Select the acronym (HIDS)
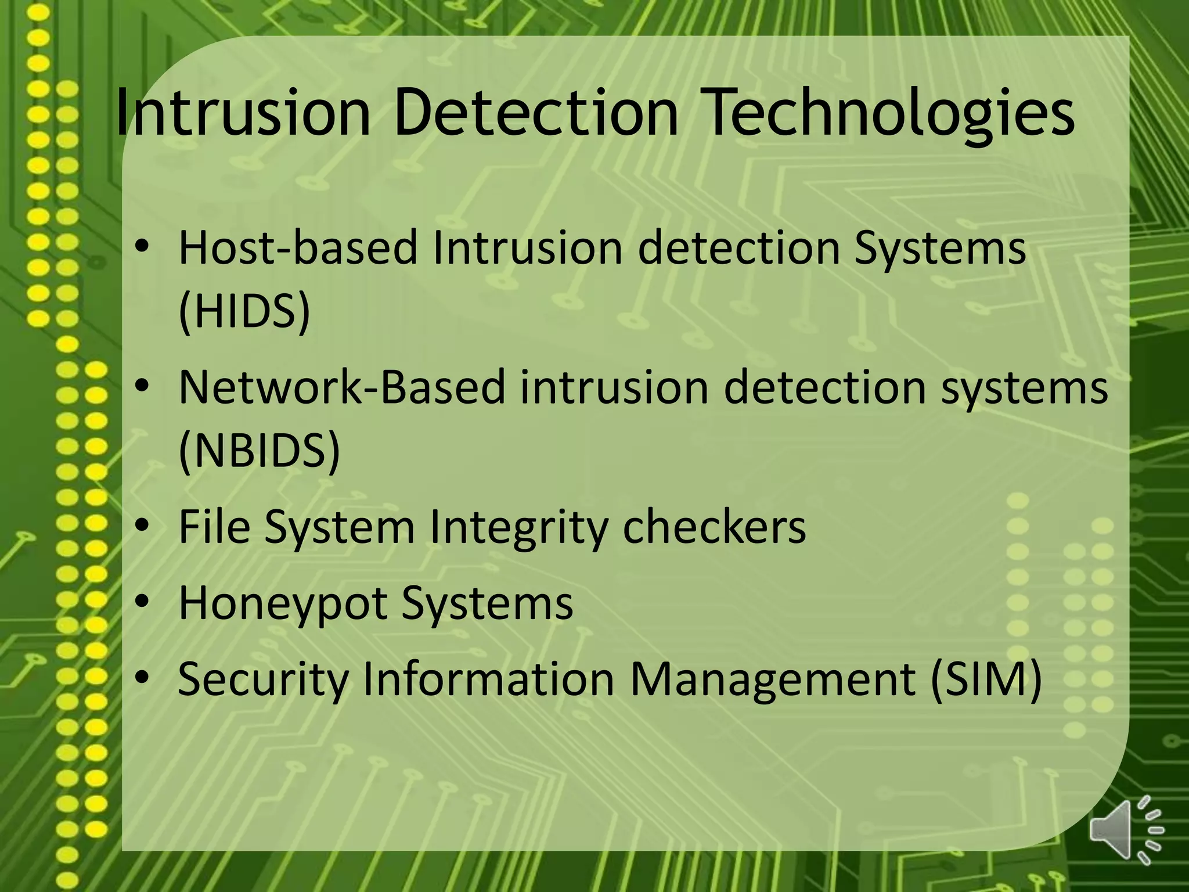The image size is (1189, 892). click(x=244, y=311)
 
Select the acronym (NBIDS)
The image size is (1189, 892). click(x=259, y=451)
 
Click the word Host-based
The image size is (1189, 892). click(x=297, y=247)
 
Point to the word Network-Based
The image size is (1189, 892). click(x=342, y=387)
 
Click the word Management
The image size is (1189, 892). click(x=773, y=679)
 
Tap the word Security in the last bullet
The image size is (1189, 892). click(x=263, y=679)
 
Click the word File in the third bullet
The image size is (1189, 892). click(x=214, y=526)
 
